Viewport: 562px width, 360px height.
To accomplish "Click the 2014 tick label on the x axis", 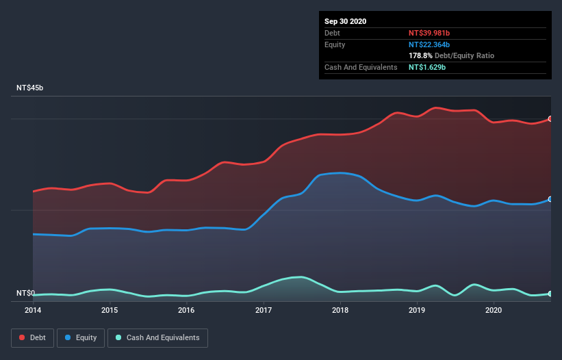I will [33, 310].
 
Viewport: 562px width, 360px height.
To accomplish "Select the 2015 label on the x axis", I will [110, 310].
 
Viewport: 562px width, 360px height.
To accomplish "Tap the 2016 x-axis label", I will [186, 310].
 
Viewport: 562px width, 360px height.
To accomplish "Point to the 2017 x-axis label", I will [264, 310].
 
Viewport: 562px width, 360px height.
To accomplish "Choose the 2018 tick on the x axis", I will [340, 310].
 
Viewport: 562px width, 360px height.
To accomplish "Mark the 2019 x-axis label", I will [417, 310].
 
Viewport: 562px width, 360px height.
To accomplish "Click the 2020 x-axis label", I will [494, 310].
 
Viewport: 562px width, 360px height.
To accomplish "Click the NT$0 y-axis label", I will [25, 293].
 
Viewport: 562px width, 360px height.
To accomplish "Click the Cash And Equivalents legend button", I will [157, 337].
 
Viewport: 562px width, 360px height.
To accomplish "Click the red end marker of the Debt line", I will [550, 119].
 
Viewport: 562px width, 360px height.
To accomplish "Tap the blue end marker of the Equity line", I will [550, 199].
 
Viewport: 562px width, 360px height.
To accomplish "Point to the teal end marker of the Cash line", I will [550, 294].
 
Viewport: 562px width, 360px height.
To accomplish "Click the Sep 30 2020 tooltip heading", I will [346, 21].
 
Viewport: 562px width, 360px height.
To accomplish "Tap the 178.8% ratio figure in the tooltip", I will [420, 55].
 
